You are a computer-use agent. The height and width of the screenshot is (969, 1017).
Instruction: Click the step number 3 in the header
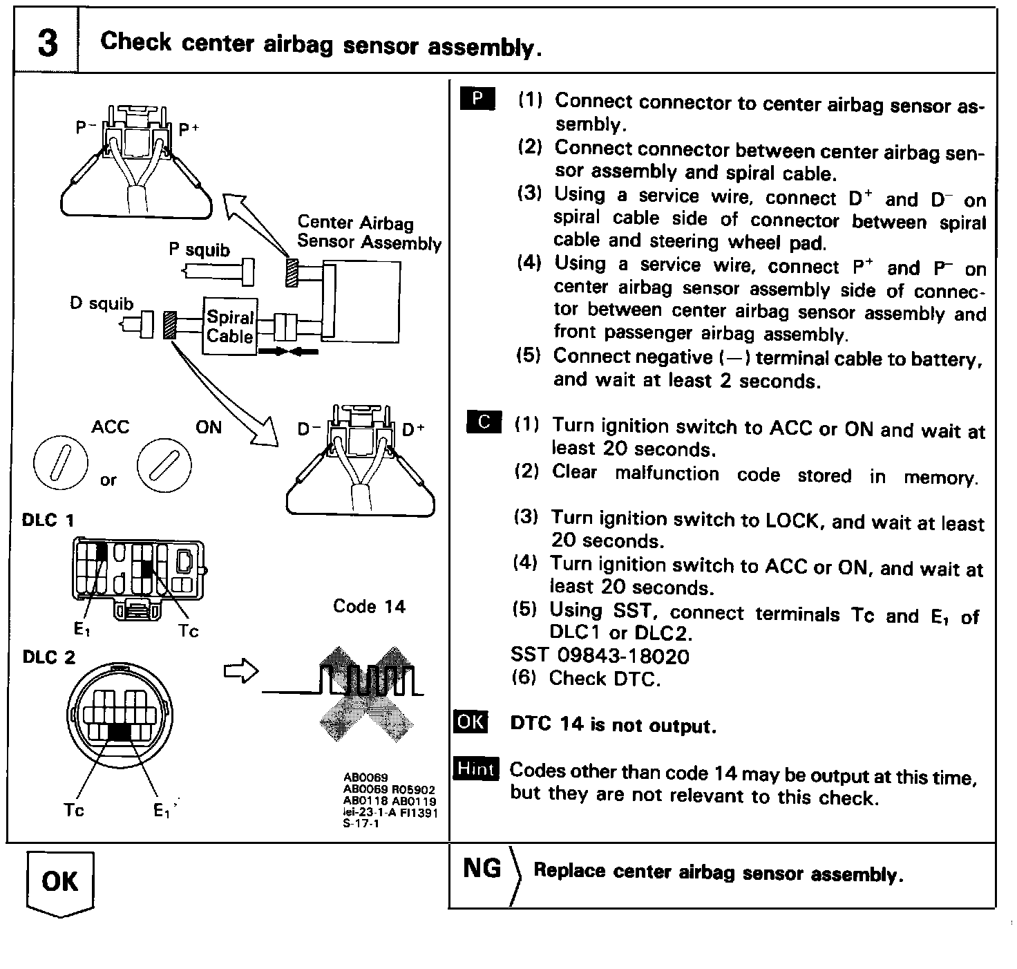(x=46, y=43)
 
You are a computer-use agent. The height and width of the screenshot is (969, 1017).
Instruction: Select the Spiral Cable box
(x=230, y=327)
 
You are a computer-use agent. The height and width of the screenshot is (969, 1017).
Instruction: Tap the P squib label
(x=199, y=250)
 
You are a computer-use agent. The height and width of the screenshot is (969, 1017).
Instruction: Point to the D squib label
(x=102, y=303)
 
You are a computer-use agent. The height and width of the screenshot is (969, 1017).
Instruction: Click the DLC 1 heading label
(x=48, y=520)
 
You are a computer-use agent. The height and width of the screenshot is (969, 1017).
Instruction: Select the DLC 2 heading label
(x=48, y=657)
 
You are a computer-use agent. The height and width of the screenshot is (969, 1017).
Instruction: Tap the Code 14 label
(x=369, y=606)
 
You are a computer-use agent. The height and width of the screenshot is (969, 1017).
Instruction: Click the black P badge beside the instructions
(x=477, y=99)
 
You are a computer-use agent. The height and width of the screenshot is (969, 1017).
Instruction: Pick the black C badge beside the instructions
(x=484, y=421)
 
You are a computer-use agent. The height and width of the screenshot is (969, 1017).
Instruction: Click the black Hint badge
(x=476, y=768)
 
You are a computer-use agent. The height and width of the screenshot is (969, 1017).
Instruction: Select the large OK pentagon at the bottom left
(x=60, y=883)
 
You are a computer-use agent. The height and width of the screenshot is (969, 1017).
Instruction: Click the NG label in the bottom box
(x=482, y=868)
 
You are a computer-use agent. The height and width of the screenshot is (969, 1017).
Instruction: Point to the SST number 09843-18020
(x=600, y=655)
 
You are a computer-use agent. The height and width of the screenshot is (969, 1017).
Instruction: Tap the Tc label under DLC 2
(x=74, y=809)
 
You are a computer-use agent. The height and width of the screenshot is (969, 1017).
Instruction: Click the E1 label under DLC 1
(x=82, y=630)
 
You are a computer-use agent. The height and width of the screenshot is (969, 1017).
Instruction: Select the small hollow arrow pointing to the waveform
(x=241, y=671)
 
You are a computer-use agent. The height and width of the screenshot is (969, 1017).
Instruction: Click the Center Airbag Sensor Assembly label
(x=368, y=232)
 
